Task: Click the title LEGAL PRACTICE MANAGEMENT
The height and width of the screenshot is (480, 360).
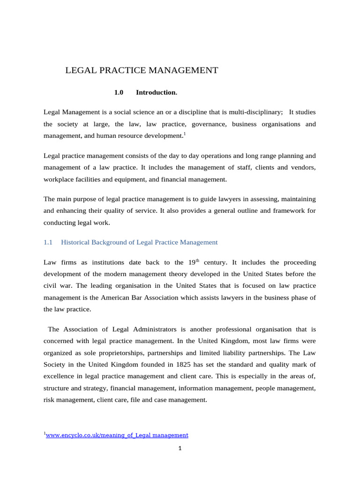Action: (x=141, y=71)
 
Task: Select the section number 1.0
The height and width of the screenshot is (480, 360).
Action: (x=119, y=93)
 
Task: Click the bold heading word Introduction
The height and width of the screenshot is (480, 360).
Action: (x=157, y=93)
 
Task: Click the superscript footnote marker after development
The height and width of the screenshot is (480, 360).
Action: (x=185, y=134)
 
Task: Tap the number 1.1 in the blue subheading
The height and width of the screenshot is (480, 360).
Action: (x=48, y=242)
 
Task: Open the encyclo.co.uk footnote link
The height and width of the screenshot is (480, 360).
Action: (x=117, y=435)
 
